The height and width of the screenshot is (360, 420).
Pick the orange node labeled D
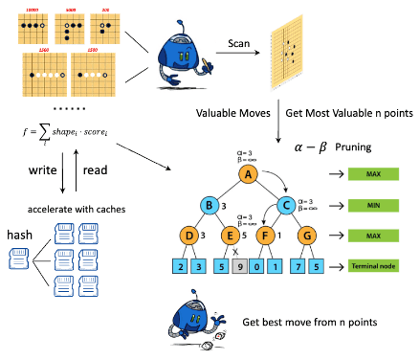(x=189, y=236)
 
